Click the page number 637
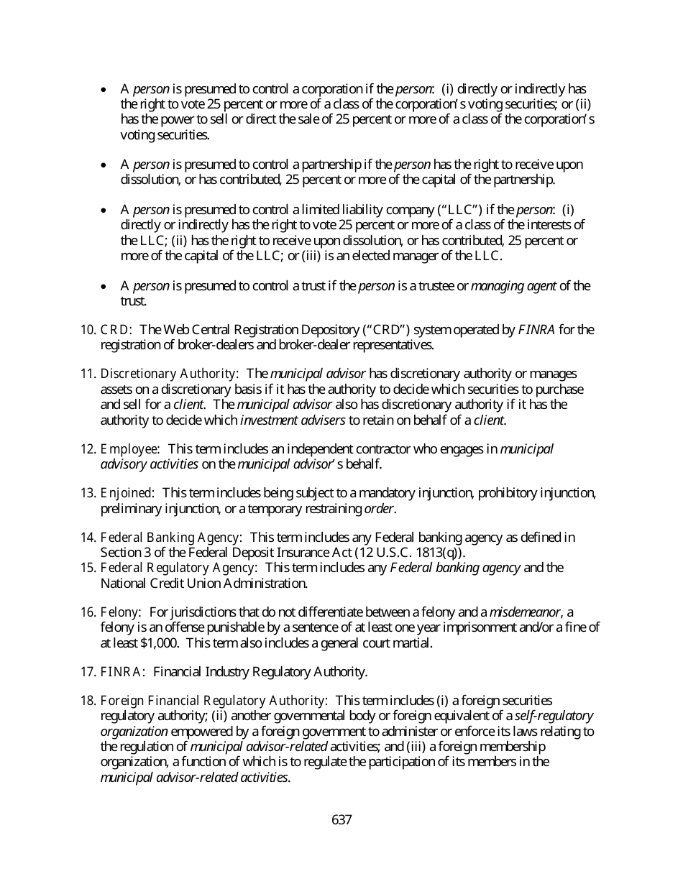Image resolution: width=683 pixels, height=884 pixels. (x=341, y=819)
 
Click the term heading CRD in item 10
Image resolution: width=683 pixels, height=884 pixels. (x=114, y=330)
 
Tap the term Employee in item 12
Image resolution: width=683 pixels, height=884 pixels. (x=129, y=449)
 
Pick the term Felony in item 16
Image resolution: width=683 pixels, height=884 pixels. (x=119, y=612)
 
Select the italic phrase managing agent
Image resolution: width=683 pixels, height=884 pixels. (x=513, y=286)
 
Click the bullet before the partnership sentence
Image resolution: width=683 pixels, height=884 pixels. (x=105, y=165)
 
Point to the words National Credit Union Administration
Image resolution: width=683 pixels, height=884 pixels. (x=203, y=583)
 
